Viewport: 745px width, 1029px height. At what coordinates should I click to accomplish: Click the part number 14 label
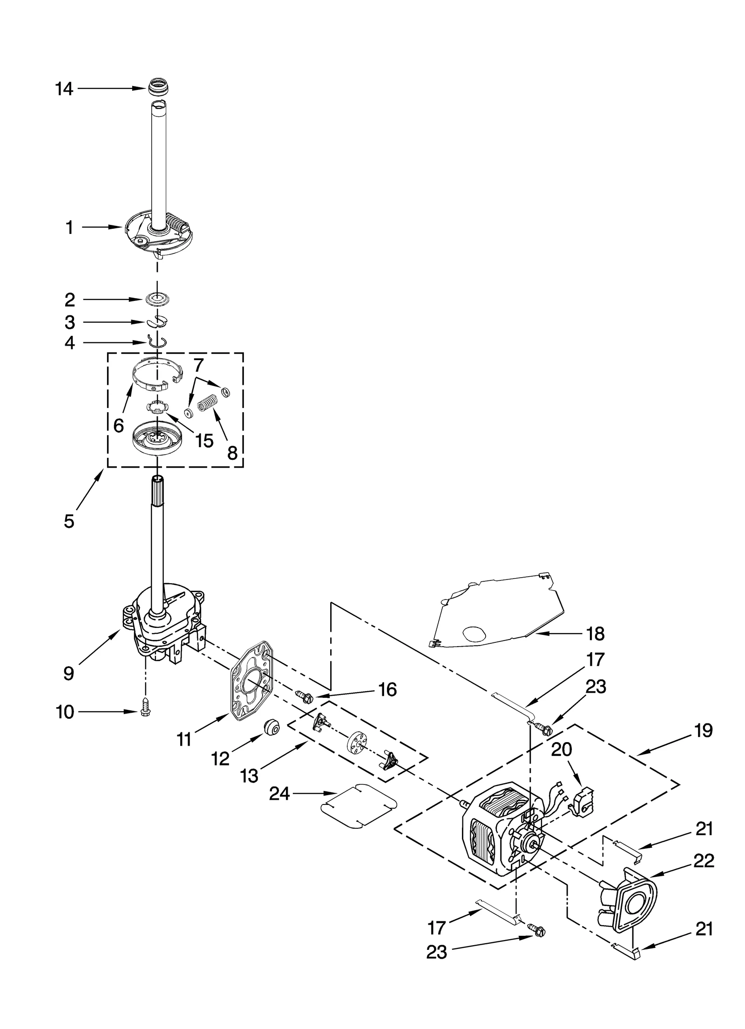[64, 89]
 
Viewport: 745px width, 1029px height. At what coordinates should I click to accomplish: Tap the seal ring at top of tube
[159, 88]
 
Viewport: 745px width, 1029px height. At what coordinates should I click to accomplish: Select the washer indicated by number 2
[156, 300]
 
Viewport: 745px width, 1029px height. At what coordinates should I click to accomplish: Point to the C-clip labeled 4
[156, 342]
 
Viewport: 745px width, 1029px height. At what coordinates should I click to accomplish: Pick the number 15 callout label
[204, 440]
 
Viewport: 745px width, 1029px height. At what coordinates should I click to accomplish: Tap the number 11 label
[184, 739]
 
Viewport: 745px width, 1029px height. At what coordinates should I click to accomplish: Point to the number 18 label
[595, 634]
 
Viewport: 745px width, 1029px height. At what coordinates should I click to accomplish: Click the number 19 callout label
[703, 730]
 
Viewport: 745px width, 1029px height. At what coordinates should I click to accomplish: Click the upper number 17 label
[595, 660]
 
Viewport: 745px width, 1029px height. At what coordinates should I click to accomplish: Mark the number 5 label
[69, 521]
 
